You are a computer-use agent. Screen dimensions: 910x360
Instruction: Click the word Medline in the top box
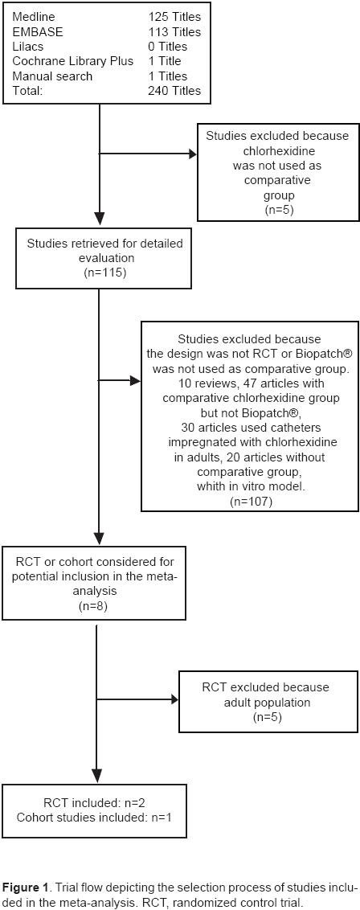pos(34,17)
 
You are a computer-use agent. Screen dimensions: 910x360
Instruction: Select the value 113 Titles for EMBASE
pos(174,32)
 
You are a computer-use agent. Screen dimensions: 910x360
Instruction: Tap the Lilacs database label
pos(28,47)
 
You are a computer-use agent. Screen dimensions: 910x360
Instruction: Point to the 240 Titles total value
pos(174,91)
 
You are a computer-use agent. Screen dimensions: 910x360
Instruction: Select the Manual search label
pos(52,76)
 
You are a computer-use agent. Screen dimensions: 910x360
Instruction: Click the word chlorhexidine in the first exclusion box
pos(276,151)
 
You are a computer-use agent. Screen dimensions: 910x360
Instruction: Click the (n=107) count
pos(250,501)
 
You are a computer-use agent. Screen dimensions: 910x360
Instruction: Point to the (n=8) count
pos(96,606)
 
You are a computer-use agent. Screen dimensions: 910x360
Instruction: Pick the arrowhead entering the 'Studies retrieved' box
pos(99,219)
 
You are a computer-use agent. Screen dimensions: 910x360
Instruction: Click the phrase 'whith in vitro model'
pos(249,486)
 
